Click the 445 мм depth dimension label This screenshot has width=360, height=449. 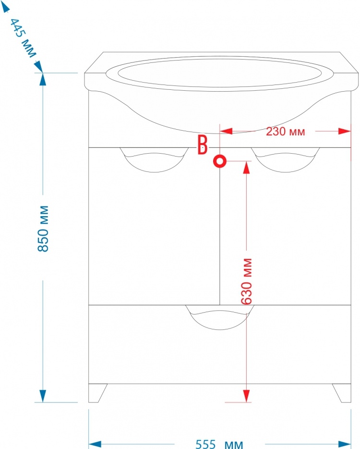click(x=23, y=38)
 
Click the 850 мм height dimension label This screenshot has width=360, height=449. click(x=43, y=229)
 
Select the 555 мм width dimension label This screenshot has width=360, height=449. click(x=219, y=444)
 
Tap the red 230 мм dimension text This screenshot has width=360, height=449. click(x=285, y=132)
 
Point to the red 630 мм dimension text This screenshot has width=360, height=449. click(x=246, y=281)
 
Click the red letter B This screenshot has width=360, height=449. click(x=203, y=145)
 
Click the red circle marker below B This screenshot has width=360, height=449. click(x=220, y=161)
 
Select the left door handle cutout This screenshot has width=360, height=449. click(x=154, y=160)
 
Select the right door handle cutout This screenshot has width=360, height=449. click(x=285, y=160)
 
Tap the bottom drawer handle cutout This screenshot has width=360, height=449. click(x=220, y=317)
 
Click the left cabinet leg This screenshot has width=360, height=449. click(x=97, y=393)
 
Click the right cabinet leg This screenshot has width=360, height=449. click(x=342, y=393)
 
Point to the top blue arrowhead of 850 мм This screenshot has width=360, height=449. click(x=43, y=79)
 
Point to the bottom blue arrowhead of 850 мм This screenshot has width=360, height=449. click(x=43, y=396)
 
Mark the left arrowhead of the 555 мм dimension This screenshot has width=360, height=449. click(x=95, y=444)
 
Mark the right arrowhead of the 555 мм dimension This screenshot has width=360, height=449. click(x=345, y=444)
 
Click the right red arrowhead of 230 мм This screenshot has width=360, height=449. click(x=345, y=131)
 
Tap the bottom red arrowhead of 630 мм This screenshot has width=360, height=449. click(x=246, y=396)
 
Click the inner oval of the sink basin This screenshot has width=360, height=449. click(x=219, y=73)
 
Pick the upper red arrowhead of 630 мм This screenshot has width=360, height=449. click(x=246, y=167)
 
